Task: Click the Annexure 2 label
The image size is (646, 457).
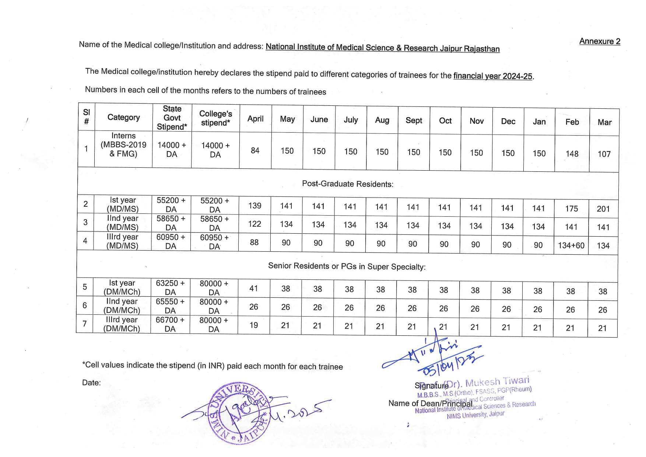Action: pyautogui.click(x=599, y=41)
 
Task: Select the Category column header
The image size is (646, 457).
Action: pyautogui.click(x=123, y=118)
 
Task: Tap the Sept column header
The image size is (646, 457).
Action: pyautogui.click(x=414, y=121)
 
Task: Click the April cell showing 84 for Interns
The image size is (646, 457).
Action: pyautogui.click(x=255, y=150)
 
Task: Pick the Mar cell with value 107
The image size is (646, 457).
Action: pyautogui.click(x=604, y=154)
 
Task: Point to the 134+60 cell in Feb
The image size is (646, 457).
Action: pyautogui.click(x=571, y=245)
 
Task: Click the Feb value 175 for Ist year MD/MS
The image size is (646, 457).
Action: pyautogui.click(x=571, y=209)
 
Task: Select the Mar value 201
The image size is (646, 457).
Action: pyautogui.click(x=603, y=209)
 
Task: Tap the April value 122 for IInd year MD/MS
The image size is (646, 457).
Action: pyautogui.click(x=254, y=224)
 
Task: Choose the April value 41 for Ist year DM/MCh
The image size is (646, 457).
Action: pyautogui.click(x=254, y=288)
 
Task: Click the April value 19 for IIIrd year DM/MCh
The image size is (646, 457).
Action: pyautogui.click(x=254, y=325)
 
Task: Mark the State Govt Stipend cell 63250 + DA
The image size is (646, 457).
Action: pyautogui.click(x=170, y=287)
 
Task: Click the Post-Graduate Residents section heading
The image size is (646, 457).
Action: pyautogui.click(x=347, y=184)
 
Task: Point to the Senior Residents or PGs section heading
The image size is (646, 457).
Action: pyautogui.click(x=347, y=266)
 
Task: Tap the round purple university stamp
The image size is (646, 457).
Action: pyautogui.click(x=238, y=413)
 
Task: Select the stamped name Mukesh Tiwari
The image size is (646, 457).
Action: pyautogui.click(x=497, y=382)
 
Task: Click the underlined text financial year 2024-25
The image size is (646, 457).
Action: pyautogui.click(x=493, y=76)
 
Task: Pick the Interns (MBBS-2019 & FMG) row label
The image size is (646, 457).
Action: pyautogui.click(x=123, y=145)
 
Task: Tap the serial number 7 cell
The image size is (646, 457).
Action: pyautogui.click(x=85, y=324)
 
